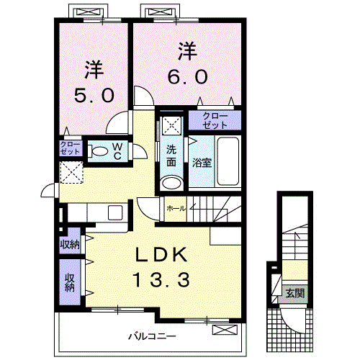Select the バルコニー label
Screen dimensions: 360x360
coord(153,336)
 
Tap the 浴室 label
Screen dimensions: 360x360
coord(202,163)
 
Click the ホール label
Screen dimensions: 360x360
coord(176,208)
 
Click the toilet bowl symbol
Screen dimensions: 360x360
coord(99,152)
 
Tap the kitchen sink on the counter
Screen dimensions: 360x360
coord(115,212)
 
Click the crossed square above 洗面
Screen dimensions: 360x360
coord(172,125)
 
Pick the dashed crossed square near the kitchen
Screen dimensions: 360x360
coord(71,173)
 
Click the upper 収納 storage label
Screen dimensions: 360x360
coord(70,245)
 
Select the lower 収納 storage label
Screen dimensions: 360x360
coord(70,282)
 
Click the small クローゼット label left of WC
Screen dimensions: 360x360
coord(70,148)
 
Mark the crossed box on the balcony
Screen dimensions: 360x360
coord(225,330)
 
